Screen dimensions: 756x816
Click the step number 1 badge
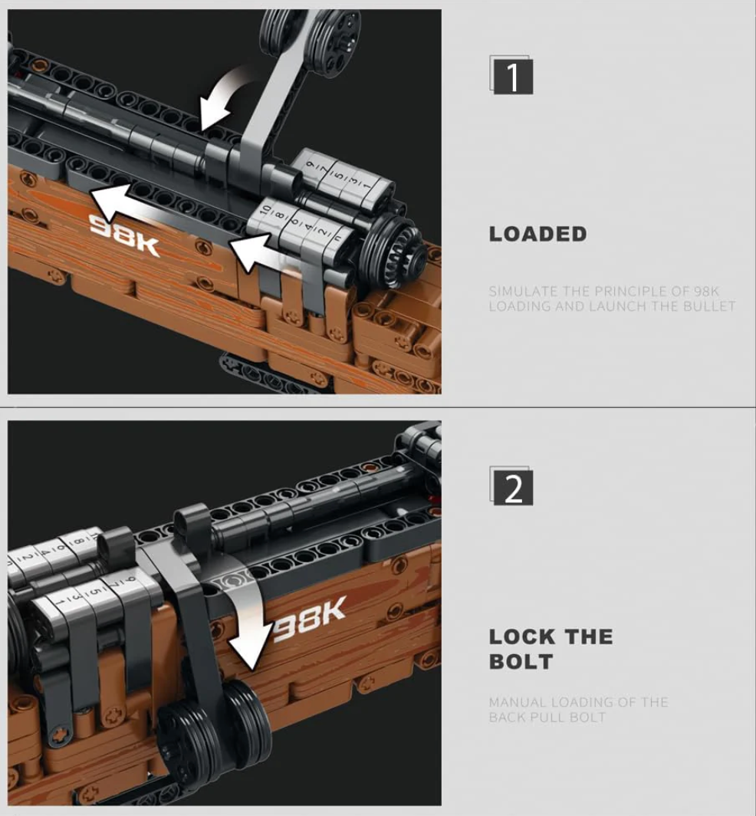tap(512, 76)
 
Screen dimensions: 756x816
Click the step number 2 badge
tap(512, 488)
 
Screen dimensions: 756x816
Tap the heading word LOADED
tap(538, 234)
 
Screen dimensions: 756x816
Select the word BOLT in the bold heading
tap(521, 662)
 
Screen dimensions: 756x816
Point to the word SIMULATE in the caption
tap(524, 291)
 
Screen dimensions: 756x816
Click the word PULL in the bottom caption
tap(547, 717)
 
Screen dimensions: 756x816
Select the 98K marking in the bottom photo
tap(308, 620)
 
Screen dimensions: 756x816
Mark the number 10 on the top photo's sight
tap(265, 211)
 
